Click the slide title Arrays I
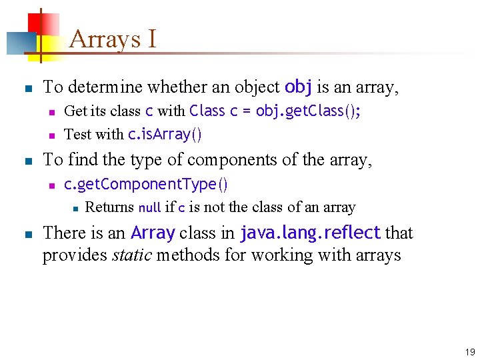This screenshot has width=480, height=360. [x=113, y=39]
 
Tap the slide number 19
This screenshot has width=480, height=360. [x=470, y=352]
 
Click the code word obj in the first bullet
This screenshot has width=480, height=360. [x=299, y=87]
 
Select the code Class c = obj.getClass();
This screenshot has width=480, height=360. [x=275, y=111]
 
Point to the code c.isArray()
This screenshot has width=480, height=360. [x=164, y=134]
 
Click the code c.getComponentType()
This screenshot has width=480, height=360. [x=146, y=183]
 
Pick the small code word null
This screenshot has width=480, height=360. [x=149, y=207]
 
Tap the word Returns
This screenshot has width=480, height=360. [x=109, y=207]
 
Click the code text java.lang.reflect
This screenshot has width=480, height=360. [x=310, y=233]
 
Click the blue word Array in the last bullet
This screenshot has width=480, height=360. [x=153, y=233]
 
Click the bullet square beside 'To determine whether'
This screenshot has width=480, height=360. [x=26, y=87]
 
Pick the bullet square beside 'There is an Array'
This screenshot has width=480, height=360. [x=26, y=233]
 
